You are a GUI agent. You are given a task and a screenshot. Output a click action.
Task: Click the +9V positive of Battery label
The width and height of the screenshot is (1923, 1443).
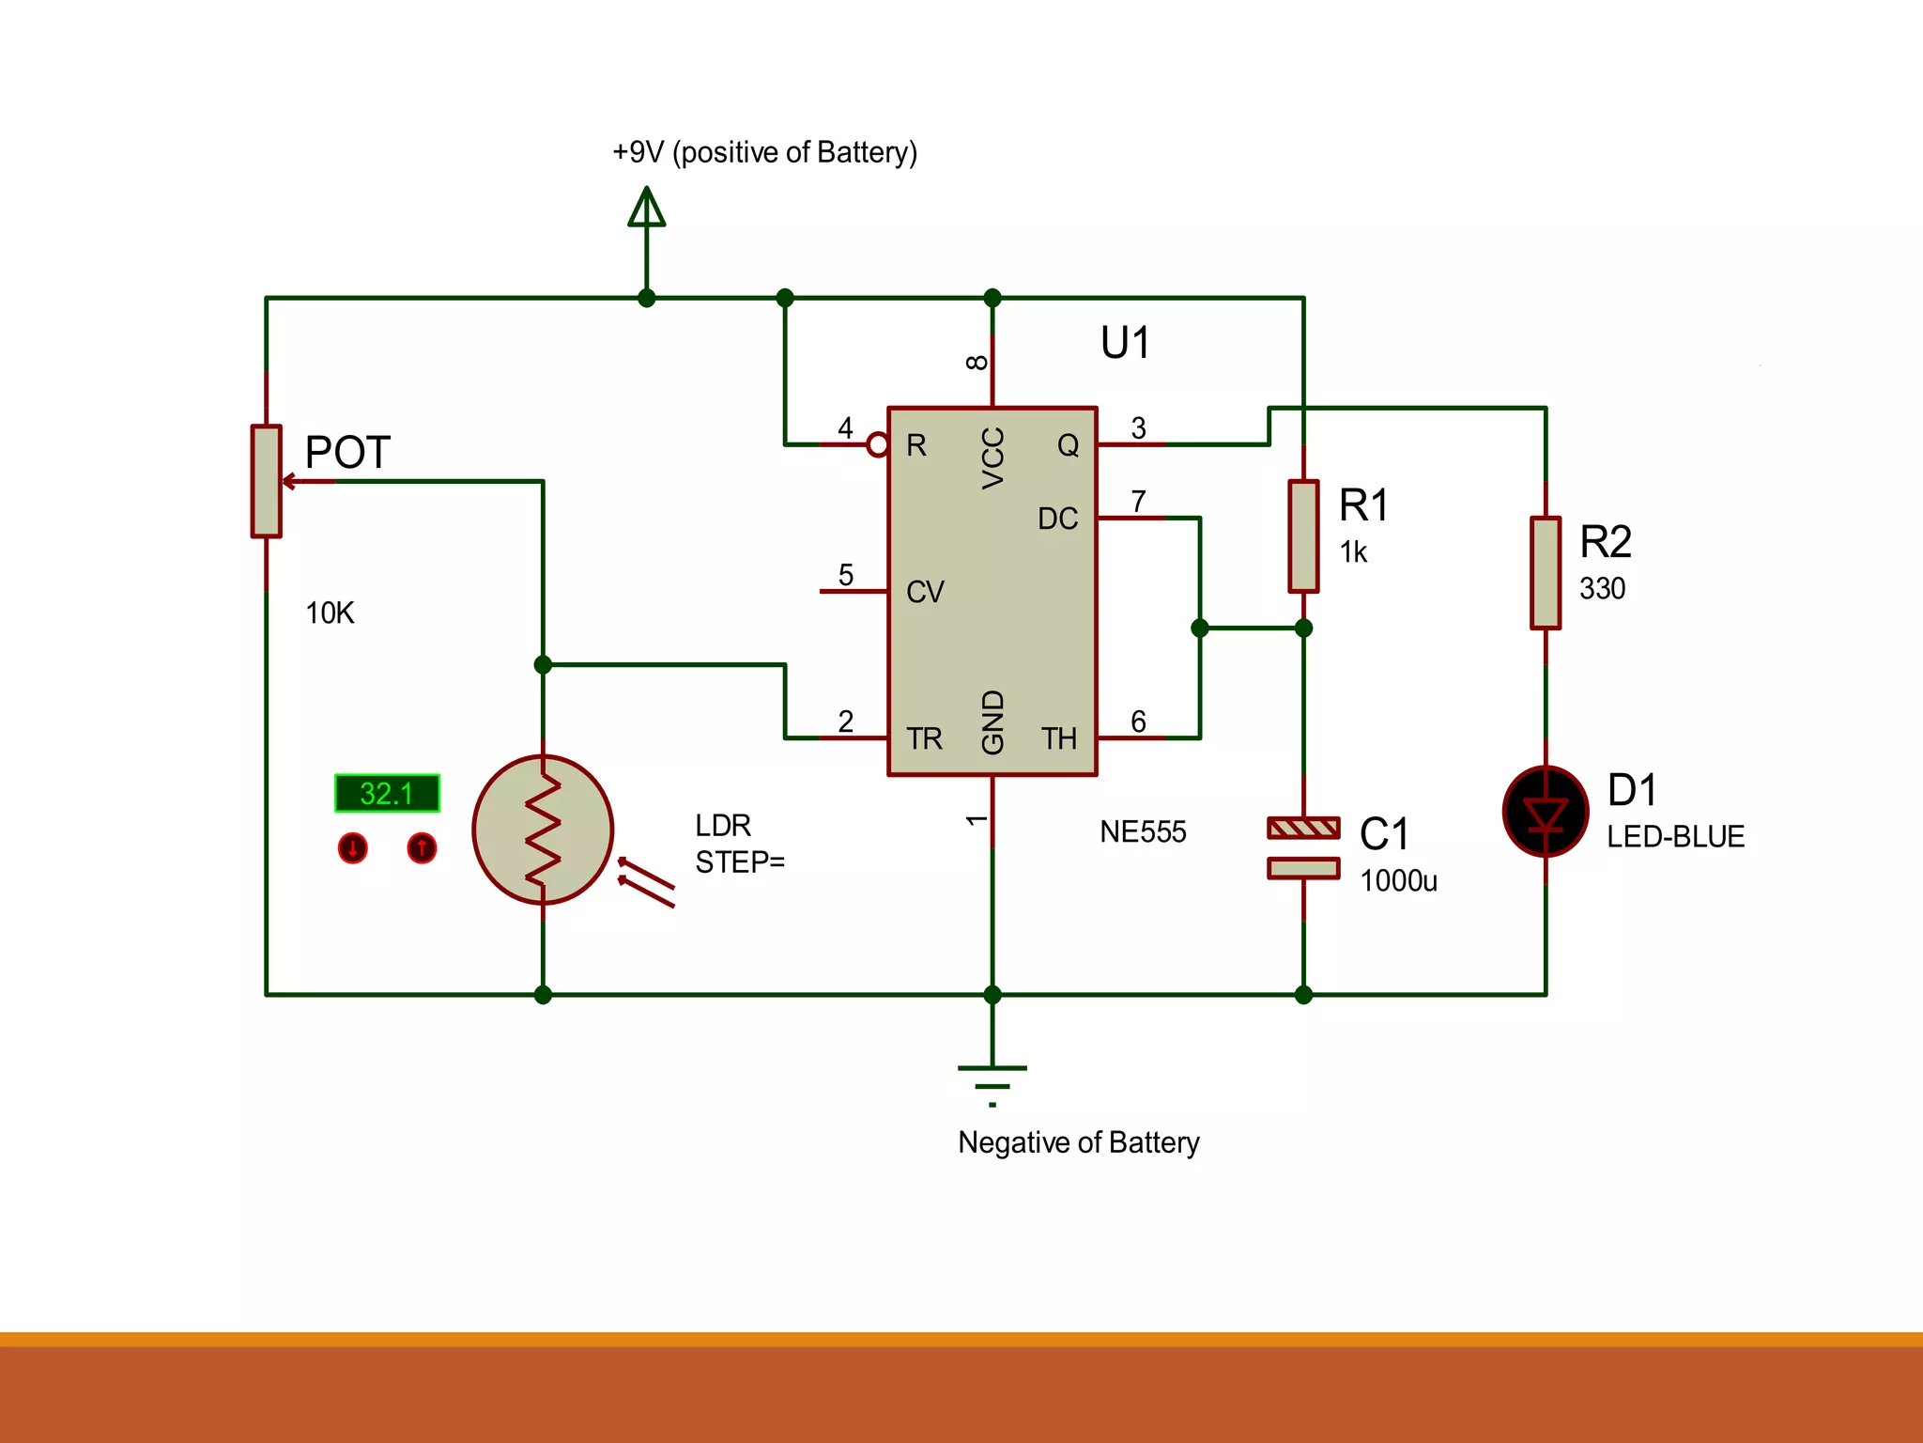pyautogui.click(x=764, y=152)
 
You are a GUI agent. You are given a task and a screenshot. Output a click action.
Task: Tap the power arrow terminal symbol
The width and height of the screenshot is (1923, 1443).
pyautogui.click(x=646, y=208)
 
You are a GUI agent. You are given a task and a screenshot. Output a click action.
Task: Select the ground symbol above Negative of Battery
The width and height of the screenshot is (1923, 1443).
pyautogui.click(x=992, y=1081)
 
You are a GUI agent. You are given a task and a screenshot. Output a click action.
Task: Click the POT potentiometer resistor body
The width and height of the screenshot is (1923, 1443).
pyautogui.click(x=266, y=481)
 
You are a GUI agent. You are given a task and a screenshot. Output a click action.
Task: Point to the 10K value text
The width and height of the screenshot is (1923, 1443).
pyautogui.click(x=330, y=613)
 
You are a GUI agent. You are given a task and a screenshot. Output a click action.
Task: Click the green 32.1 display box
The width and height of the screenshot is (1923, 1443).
pyautogui.click(x=387, y=793)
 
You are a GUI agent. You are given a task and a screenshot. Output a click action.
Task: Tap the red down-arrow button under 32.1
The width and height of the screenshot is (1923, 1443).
pyautogui.click(x=352, y=848)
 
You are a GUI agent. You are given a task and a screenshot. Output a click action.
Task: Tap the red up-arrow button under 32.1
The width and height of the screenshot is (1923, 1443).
pyautogui.click(x=422, y=848)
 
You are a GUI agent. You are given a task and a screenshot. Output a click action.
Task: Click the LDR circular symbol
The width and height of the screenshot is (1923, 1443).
pyautogui.click(x=543, y=830)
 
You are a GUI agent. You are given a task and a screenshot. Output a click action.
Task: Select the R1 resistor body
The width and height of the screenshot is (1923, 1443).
pyautogui.click(x=1303, y=536)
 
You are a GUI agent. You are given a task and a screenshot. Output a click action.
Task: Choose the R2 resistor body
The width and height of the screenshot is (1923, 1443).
pyautogui.click(x=1545, y=572)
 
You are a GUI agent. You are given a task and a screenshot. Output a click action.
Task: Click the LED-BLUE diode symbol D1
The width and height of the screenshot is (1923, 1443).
pyautogui.click(x=1545, y=812)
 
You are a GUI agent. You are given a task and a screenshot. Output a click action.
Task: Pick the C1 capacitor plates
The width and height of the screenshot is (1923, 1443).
pyautogui.click(x=1303, y=847)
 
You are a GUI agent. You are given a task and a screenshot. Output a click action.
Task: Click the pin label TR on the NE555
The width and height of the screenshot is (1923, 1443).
pyautogui.click(x=924, y=738)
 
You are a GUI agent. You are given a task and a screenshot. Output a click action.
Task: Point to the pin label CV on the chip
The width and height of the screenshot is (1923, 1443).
pyautogui.click(x=925, y=592)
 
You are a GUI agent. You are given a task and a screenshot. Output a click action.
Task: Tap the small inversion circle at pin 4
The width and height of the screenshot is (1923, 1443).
pyautogui.click(x=877, y=444)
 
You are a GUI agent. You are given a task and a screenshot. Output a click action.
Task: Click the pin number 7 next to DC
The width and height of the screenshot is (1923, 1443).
pyautogui.click(x=1138, y=501)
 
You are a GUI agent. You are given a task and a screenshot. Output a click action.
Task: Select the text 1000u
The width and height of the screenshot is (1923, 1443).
pyautogui.click(x=1398, y=881)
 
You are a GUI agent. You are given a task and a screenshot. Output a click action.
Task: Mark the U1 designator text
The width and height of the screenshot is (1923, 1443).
pyautogui.click(x=1125, y=343)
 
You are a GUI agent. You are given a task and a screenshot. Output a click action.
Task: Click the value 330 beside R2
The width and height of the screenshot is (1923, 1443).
pyautogui.click(x=1602, y=589)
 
